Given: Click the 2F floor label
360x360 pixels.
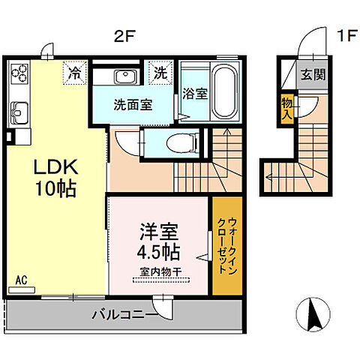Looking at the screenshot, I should [x=124, y=34].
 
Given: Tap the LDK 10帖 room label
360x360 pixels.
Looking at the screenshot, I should [x=51, y=178].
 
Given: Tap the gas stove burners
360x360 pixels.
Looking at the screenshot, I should [x=19, y=73].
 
